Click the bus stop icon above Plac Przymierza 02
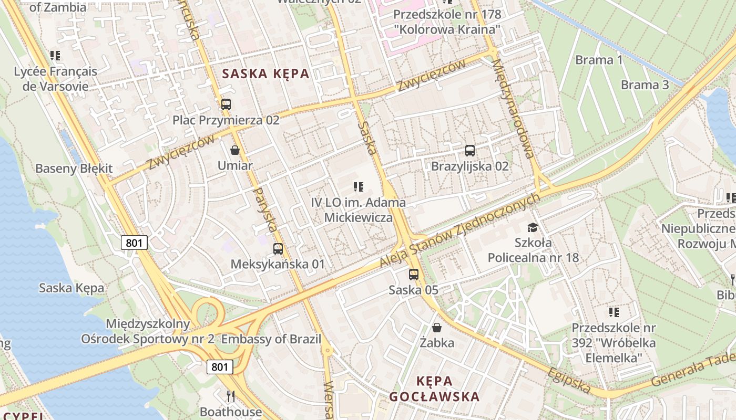coord(226,104)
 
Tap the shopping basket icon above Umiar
coord(235,150)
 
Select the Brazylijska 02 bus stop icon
coord(469,151)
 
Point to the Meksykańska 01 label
coord(278,264)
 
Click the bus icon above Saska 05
coord(414,274)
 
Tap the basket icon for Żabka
coord(436,328)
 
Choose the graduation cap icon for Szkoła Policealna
coord(533,227)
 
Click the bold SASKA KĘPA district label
coord(265,73)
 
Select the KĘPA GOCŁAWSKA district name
coord(434,388)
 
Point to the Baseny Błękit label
coord(74,169)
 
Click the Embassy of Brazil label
coord(271,339)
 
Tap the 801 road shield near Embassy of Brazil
coord(219,366)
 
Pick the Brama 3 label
coord(645,85)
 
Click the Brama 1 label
coord(599,60)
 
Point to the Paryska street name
coord(265,210)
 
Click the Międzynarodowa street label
coord(513,108)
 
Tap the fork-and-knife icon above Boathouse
coord(230,396)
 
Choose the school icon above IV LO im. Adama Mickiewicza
coord(359,186)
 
